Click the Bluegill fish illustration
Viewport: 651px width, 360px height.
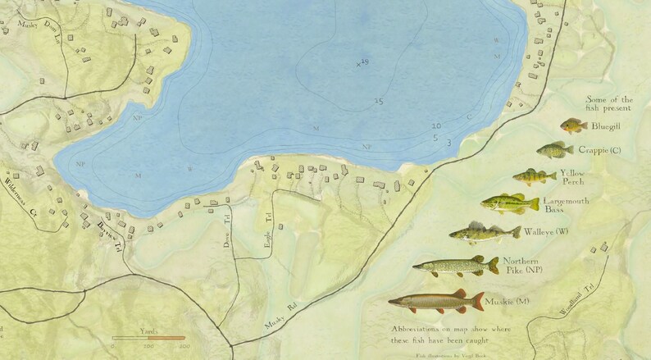574,126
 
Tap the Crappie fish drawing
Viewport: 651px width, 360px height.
555,150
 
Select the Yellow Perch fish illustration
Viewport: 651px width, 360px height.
535,176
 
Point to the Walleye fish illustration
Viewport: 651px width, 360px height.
485,234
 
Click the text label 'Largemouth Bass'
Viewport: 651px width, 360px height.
566,205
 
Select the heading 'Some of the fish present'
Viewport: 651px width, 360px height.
608,103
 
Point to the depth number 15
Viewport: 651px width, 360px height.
378,101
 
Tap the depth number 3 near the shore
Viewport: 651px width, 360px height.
448,143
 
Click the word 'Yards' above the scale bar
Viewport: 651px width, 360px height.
148,330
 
